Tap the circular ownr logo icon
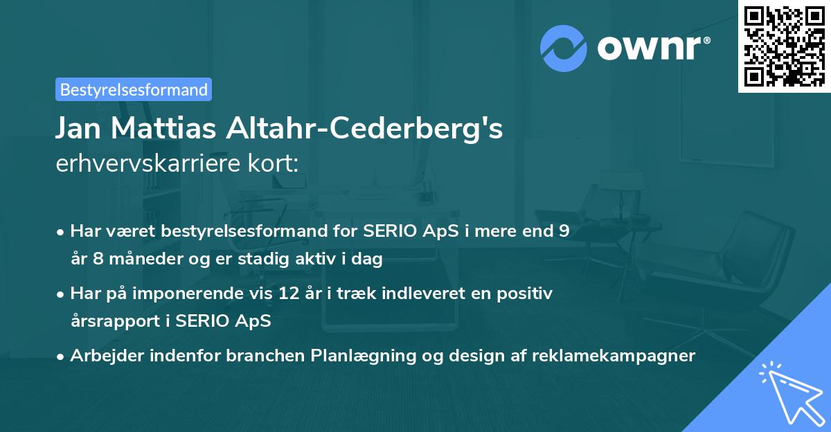(x=564, y=48)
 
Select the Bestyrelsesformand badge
(x=134, y=89)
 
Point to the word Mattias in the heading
(x=175, y=129)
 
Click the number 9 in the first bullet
(x=564, y=231)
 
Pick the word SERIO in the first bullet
(x=388, y=231)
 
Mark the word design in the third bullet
(x=476, y=356)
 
